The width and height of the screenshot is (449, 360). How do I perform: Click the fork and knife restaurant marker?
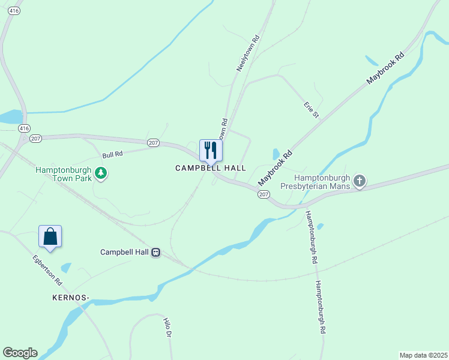click(x=211, y=150)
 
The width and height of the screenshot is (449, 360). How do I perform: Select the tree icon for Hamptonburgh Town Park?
click(x=101, y=174)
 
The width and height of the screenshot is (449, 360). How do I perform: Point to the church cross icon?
click(x=359, y=181)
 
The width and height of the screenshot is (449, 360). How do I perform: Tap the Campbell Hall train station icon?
click(x=155, y=253)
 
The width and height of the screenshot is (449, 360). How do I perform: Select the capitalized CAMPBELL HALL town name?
click(x=211, y=169)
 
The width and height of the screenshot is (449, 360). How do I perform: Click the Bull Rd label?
click(x=112, y=154)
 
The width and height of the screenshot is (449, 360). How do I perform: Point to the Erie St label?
click(x=311, y=110)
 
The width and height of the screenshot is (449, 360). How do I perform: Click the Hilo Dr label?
click(x=167, y=328)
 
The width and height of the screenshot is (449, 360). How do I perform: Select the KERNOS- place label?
click(x=70, y=298)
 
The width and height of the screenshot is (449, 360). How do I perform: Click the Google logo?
click(x=20, y=353)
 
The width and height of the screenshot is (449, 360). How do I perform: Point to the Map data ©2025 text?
click(x=423, y=355)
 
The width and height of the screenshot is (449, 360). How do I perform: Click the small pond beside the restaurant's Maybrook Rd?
click(x=276, y=154)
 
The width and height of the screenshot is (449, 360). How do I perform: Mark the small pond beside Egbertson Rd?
click(x=65, y=268)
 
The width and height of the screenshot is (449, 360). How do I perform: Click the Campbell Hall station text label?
click(x=124, y=253)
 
